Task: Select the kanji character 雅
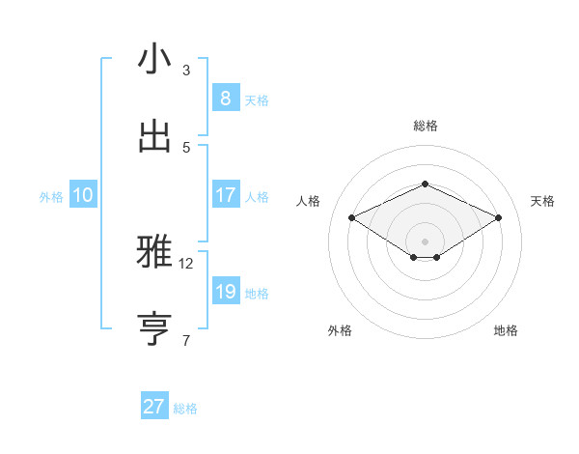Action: pyautogui.click(x=154, y=253)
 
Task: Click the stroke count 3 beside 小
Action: pyautogui.click(x=186, y=71)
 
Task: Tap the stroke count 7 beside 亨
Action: pyautogui.click(x=186, y=340)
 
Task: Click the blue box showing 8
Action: pyautogui.click(x=225, y=98)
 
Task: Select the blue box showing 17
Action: pyautogui.click(x=225, y=195)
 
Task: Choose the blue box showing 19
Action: pyautogui.click(x=225, y=292)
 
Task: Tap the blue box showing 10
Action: pyautogui.click(x=83, y=195)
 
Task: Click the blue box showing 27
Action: pyautogui.click(x=154, y=407)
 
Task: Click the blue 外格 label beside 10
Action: pyautogui.click(x=51, y=197)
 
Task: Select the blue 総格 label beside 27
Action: pyautogui.click(x=185, y=410)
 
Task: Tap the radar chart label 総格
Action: pyautogui.click(x=425, y=126)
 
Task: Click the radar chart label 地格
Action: pyautogui.click(x=506, y=330)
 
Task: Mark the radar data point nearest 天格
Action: pyautogui.click(x=498, y=218)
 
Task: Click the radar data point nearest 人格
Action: pyautogui.click(x=352, y=218)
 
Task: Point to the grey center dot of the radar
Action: pyautogui.click(x=425, y=241)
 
